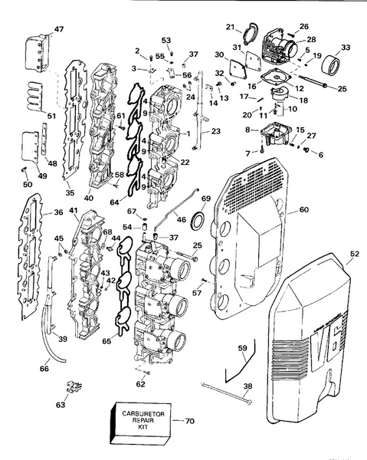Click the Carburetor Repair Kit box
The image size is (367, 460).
[x=139, y=419]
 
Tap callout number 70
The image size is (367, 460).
[x=190, y=420]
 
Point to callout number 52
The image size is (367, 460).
[x=353, y=254]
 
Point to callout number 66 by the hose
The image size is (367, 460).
[x=44, y=370]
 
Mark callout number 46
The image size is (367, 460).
[x=181, y=219]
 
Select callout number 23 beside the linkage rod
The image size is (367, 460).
[x=216, y=131]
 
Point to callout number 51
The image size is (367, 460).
[x=31, y=116]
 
